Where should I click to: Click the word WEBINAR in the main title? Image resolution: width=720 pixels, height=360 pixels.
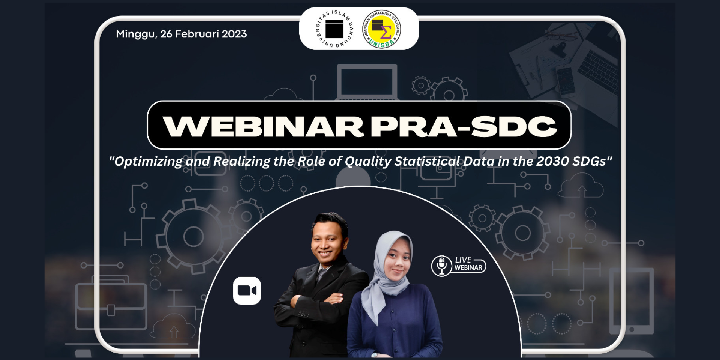point(263,126)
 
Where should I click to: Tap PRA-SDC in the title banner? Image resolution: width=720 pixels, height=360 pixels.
point(464,126)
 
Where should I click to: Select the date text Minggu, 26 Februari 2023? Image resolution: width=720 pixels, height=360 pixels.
point(181,34)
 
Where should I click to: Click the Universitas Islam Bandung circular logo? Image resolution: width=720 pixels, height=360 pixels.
point(334,29)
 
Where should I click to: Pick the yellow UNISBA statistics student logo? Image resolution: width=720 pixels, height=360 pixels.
point(381,29)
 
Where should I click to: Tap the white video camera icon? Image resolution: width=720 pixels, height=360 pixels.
point(247,291)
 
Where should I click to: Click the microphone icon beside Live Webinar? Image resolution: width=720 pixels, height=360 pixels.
point(441,265)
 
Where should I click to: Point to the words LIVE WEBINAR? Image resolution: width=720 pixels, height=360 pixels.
point(468,264)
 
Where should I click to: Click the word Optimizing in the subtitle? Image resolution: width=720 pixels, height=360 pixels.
point(148,162)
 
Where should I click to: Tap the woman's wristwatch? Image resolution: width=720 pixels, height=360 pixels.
point(375,354)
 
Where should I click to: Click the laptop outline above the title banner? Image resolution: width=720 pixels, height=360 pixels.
point(367,82)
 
